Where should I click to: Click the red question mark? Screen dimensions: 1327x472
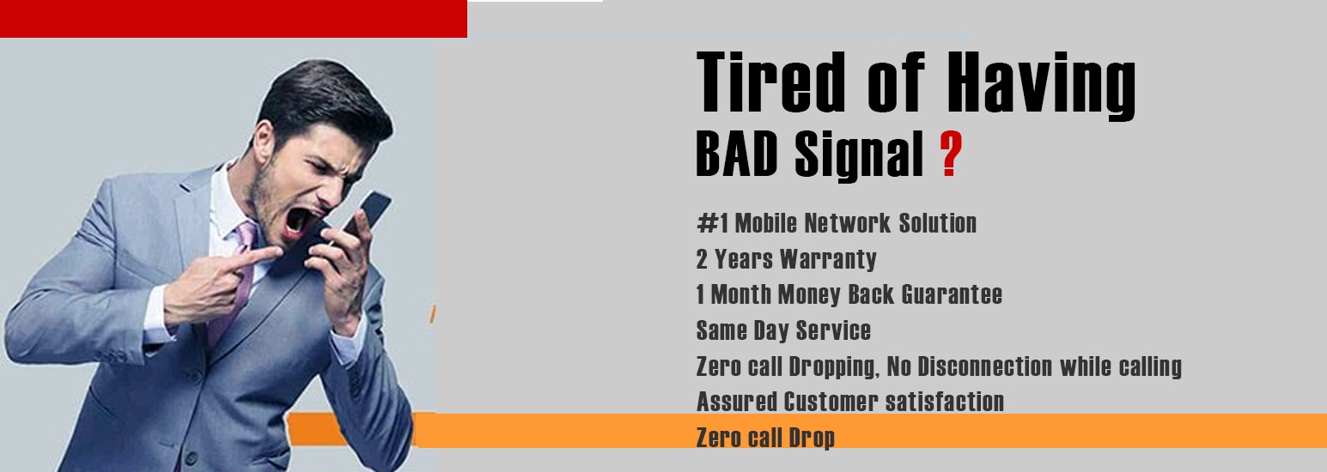(951, 154)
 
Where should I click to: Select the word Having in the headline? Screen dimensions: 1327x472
(1041, 85)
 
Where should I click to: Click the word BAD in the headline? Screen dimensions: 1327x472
(736, 154)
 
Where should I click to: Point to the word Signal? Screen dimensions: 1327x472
(859, 155)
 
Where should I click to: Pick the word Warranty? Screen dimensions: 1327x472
(828, 259)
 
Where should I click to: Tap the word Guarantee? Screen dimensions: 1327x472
(952, 294)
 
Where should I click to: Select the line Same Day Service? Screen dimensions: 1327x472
(783, 330)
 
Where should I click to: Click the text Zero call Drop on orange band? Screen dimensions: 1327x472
(765, 438)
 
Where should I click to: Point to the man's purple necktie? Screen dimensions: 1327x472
(234, 278)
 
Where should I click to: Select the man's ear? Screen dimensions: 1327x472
(265, 142)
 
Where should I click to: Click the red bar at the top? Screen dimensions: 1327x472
(234, 18)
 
